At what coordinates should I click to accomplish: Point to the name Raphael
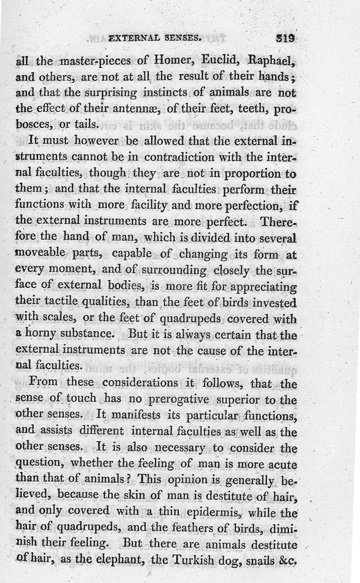(x=270, y=60)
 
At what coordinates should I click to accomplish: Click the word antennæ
(x=139, y=109)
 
